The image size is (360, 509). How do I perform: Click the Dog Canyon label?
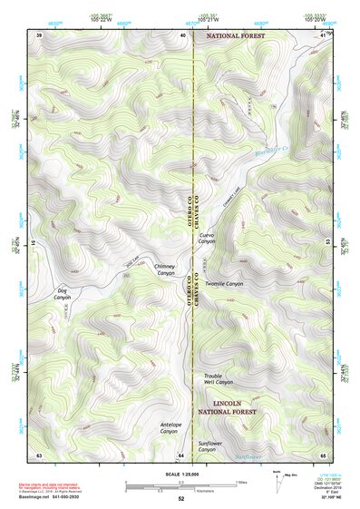click(62, 295)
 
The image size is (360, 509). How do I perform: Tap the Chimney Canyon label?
click(165, 269)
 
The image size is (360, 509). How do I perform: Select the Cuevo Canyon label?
click(207, 239)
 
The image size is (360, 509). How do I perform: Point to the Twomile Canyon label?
click(224, 284)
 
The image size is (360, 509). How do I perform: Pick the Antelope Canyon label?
click(145, 427)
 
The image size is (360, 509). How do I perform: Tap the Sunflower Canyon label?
click(207, 445)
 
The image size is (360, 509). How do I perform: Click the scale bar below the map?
click(180, 485)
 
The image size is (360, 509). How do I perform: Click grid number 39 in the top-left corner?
click(39, 34)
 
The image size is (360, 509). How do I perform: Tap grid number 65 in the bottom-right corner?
click(322, 454)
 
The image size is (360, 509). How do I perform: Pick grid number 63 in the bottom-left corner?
click(39, 454)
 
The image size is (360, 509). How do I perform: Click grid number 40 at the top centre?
click(182, 34)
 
